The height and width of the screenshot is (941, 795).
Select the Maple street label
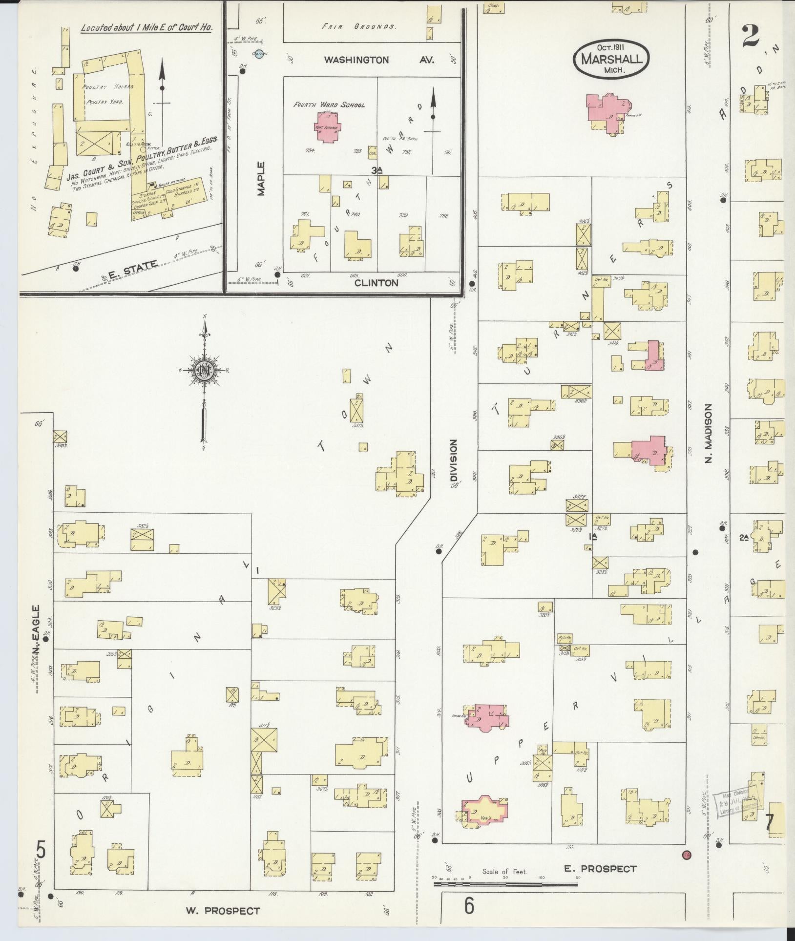click(261, 178)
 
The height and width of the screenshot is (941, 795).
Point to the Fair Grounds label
click(358, 27)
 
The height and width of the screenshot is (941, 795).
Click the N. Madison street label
click(709, 433)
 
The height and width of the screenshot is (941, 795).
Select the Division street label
click(454, 460)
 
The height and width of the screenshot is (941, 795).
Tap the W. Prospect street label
click(222, 910)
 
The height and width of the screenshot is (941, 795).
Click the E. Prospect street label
click(600, 869)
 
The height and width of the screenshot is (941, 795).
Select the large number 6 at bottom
click(469, 906)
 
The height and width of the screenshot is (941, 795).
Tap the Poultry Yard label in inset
click(105, 103)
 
